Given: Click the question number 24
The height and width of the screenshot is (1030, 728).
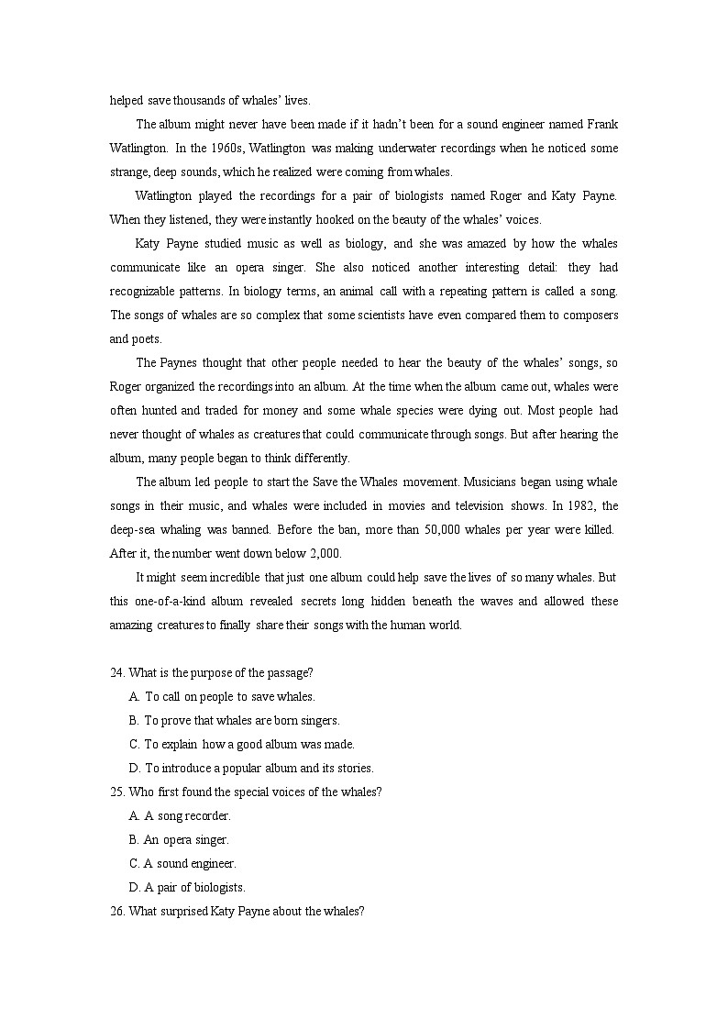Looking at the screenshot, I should click(x=117, y=672).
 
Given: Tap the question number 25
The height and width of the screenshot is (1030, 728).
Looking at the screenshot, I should click(x=117, y=792).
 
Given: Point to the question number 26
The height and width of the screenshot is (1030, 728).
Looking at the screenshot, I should click(x=117, y=911).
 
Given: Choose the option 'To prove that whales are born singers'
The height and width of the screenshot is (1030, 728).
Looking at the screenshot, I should click(x=241, y=720).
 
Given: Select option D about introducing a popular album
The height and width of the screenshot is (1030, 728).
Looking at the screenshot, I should click(x=259, y=768).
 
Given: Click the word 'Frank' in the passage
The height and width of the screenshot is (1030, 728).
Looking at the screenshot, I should click(x=601, y=124).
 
